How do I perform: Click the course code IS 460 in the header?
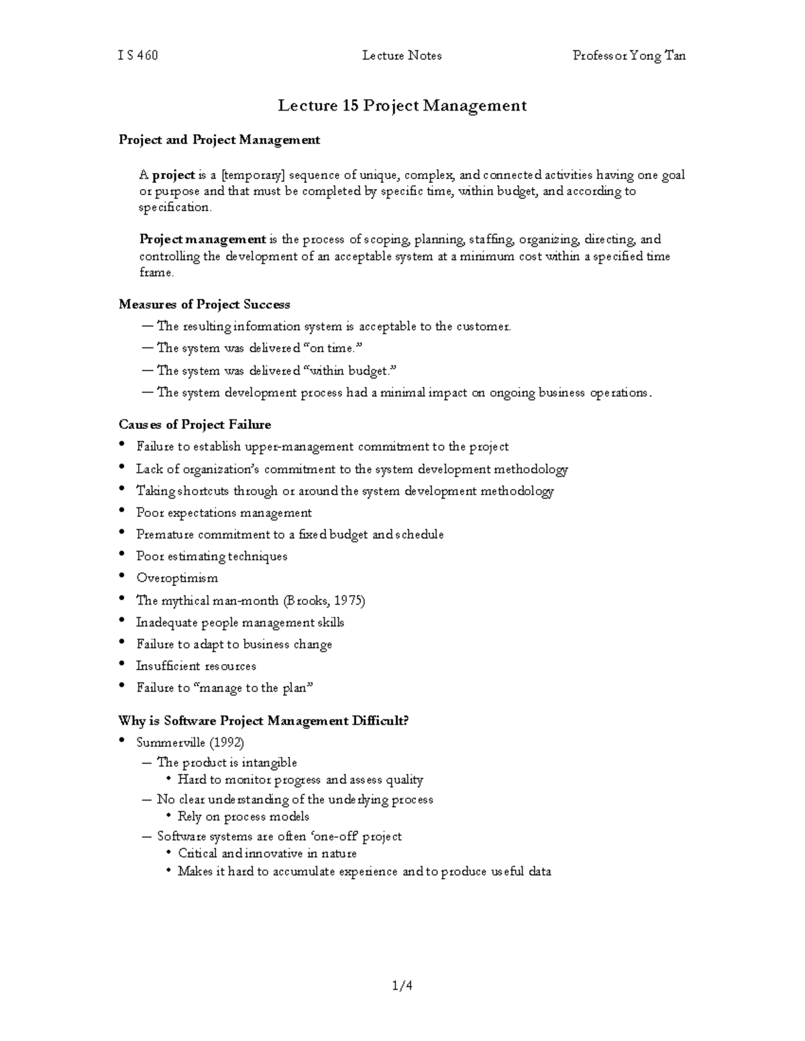pyautogui.click(x=138, y=56)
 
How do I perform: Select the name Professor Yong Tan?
pyautogui.click(x=629, y=56)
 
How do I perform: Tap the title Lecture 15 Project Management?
pyautogui.click(x=402, y=106)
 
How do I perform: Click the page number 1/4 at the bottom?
pyautogui.click(x=402, y=985)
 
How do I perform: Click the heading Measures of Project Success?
pyautogui.click(x=204, y=304)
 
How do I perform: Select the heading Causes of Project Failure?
pyautogui.click(x=195, y=424)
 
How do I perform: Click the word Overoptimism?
pyautogui.click(x=177, y=578)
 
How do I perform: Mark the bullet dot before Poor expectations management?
pyautogui.click(x=121, y=511)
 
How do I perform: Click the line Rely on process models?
pyautogui.click(x=244, y=816)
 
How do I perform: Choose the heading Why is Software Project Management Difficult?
pyautogui.click(x=264, y=721)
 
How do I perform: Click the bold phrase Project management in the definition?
pyautogui.click(x=203, y=239)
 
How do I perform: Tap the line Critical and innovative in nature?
pyautogui.click(x=267, y=853)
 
